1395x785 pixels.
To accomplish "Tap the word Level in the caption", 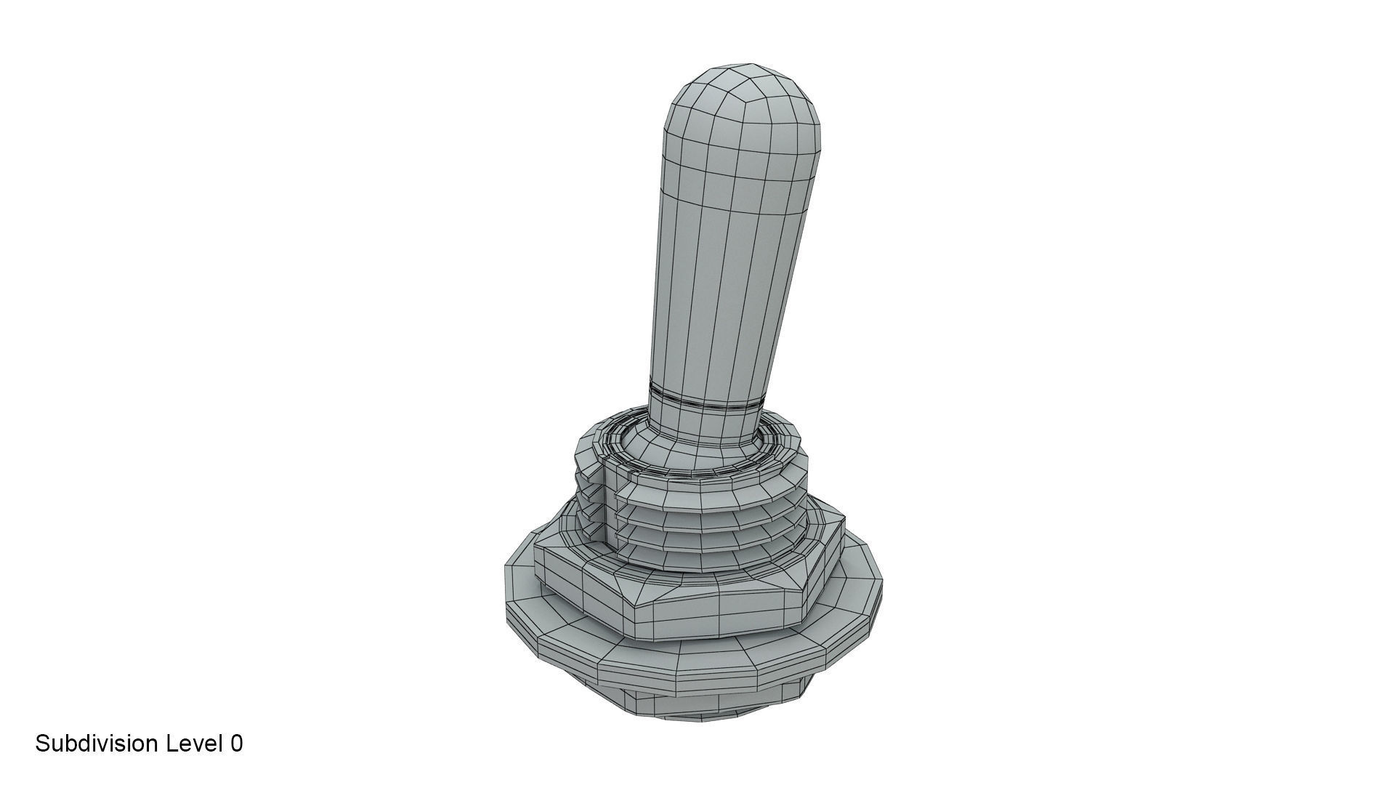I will [194, 744].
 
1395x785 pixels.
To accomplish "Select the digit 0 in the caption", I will [236, 744].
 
